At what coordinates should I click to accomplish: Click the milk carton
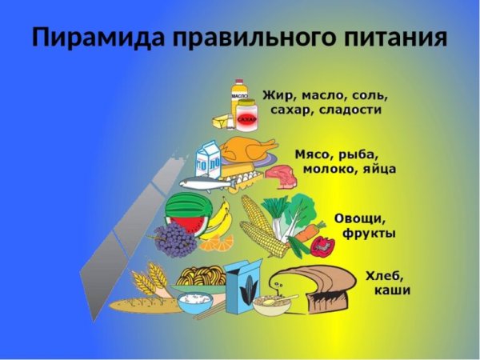tap(210, 159)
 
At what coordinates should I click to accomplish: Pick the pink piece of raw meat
tap(279, 175)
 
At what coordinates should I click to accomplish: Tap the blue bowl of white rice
tap(194, 303)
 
